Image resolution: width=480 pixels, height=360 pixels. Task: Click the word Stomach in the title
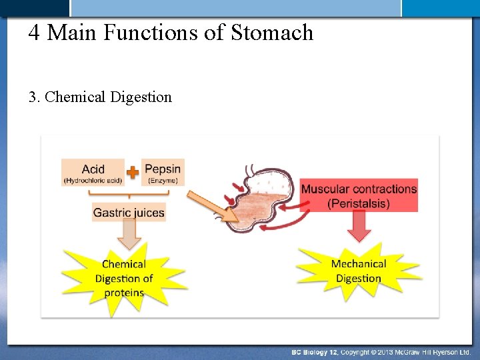click(272, 33)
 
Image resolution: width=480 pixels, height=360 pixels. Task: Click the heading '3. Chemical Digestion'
click(100, 97)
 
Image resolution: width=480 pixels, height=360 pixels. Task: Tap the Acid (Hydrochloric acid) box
click(93, 172)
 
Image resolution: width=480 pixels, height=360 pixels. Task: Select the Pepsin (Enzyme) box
click(163, 172)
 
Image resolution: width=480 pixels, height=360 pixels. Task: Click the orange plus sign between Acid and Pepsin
click(133, 172)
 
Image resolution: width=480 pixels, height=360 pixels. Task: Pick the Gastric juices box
click(129, 213)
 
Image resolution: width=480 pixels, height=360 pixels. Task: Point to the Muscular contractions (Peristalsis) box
click(359, 195)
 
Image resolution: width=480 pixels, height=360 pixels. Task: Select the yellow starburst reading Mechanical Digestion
click(358, 271)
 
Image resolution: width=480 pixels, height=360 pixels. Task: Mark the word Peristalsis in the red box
click(359, 203)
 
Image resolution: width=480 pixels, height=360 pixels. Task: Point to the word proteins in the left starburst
click(124, 293)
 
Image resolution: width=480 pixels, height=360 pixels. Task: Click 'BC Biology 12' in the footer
click(315, 351)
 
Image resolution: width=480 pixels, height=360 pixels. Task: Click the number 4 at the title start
click(34, 33)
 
